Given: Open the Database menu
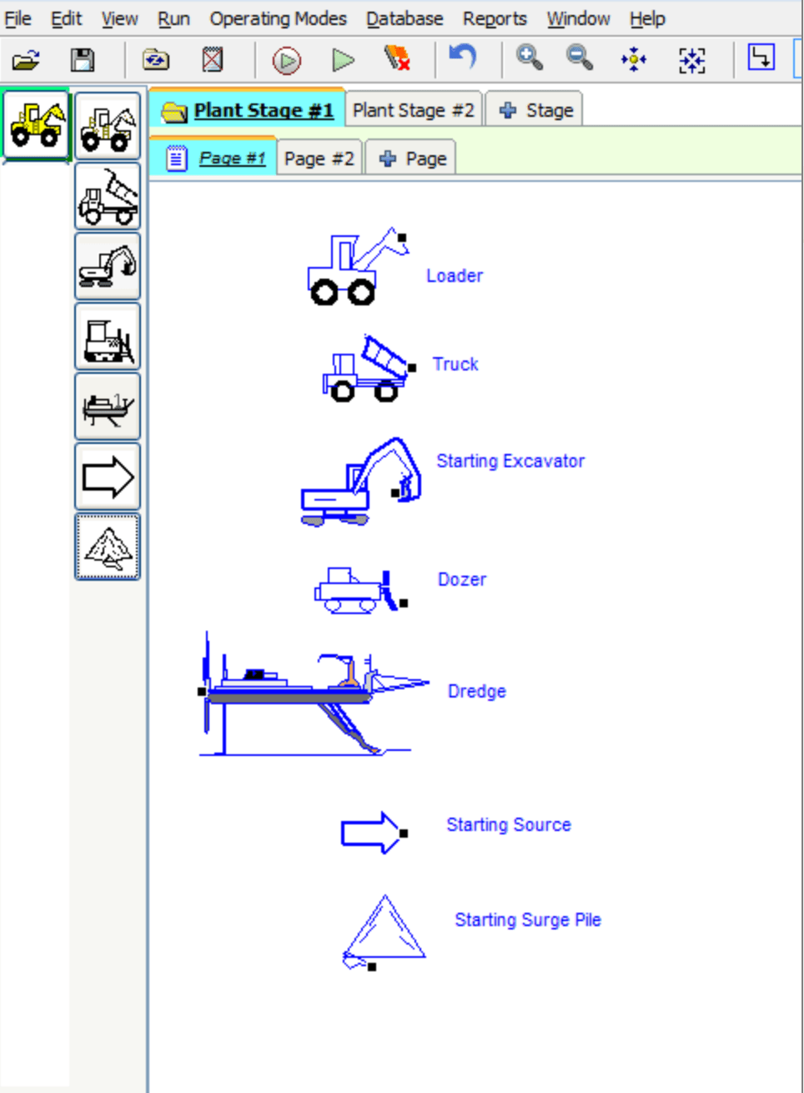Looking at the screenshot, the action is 405,18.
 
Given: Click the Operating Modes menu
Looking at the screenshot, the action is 278,18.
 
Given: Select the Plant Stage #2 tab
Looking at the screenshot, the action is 413,110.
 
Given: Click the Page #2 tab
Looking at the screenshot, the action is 319,159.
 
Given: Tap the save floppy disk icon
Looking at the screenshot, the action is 83,60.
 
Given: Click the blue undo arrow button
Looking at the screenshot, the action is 462,57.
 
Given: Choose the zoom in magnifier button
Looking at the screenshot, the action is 530,58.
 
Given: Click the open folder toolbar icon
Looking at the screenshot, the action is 26,60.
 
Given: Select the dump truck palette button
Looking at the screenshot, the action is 108,196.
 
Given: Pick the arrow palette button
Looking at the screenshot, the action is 108,476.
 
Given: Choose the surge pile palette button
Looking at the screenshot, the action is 108,547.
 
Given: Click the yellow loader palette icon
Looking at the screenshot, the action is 36,125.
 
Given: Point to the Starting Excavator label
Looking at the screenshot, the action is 510,461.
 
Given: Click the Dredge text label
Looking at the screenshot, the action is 476,691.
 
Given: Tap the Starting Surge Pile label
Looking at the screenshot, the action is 528,919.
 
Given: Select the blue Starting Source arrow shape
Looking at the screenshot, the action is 371,833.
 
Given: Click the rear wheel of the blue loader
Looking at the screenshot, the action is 324,293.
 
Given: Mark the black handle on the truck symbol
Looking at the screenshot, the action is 412,368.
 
